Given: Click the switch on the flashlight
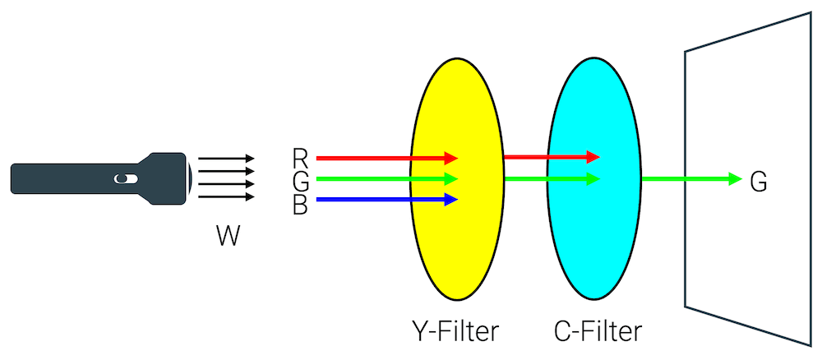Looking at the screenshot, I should pyautogui.click(x=122, y=178).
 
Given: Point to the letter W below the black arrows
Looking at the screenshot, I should pyautogui.click(x=229, y=237).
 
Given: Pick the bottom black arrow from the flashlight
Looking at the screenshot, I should pyautogui.click(x=227, y=196).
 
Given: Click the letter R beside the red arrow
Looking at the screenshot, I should pyautogui.click(x=300, y=157).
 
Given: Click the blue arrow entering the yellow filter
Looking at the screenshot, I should pyautogui.click(x=378, y=199).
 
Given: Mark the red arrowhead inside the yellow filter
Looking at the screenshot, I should pyautogui.click(x=450, y=157).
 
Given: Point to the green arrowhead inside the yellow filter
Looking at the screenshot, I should pyautogui.click(x=450, y=178).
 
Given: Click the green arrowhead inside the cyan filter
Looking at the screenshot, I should pyautogui.click(x=593, y=178).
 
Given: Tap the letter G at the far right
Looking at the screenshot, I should pyautogui.click(x=759, y=182).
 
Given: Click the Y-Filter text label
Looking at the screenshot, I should pyautogui.click(x=455, y=332).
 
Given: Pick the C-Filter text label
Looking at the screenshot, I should pyautogui.click(x=598, y=332).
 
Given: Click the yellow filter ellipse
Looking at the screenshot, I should pyautogui.click(x=455, y=247).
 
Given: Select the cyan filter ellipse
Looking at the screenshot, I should pyautogui.click(x=593, y=238).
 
